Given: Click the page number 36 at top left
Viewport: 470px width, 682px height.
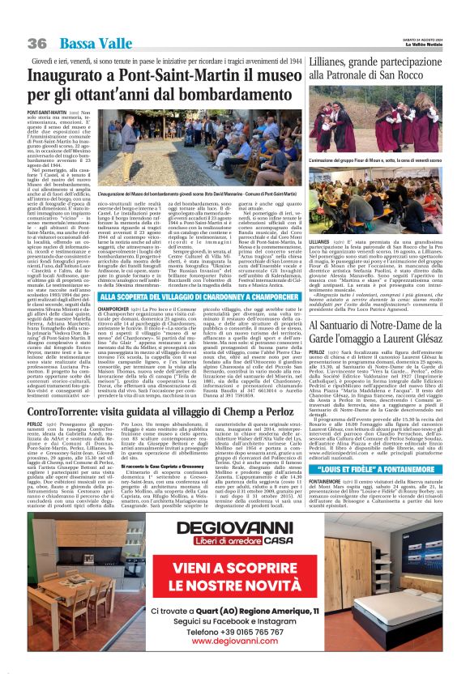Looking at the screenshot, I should pos(37,43).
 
